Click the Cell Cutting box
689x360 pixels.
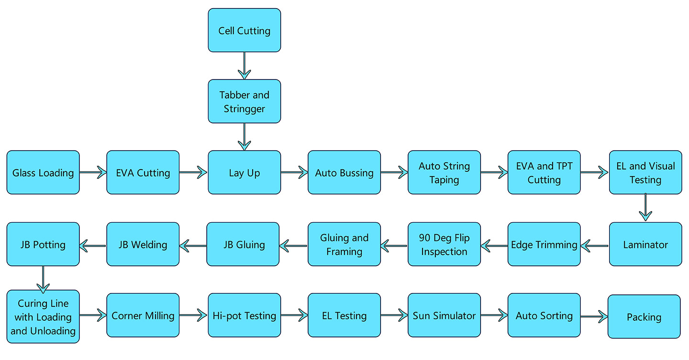point(244,30)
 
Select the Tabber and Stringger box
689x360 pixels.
point(244,101)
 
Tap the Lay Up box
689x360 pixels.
point(244,172)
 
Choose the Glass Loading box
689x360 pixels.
point(43,172)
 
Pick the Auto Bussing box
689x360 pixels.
point(344,172)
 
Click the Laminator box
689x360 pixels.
point(645,244)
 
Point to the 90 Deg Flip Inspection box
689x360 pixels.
point(444,244)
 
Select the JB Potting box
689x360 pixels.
point(43,244)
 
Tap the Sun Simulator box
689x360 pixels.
point(444,315)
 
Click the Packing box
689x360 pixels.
point(644,316)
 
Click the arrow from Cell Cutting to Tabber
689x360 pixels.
point(244,66)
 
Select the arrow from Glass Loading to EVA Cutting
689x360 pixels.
point(93,172)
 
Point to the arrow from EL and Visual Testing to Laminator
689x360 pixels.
point(645,207)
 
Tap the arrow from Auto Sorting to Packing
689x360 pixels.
point(594,316)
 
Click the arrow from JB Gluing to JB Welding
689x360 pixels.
point(193,246)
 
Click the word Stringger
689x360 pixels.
point(244,109)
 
